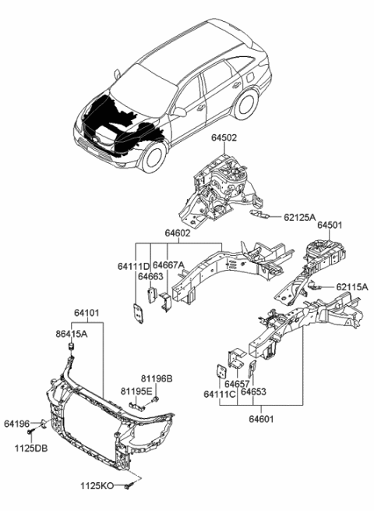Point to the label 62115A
(351, 287)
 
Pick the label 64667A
(168, 265)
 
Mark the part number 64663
(150, 276)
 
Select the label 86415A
(71, 332)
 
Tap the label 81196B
(157, 379)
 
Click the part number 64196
(16, 424)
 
